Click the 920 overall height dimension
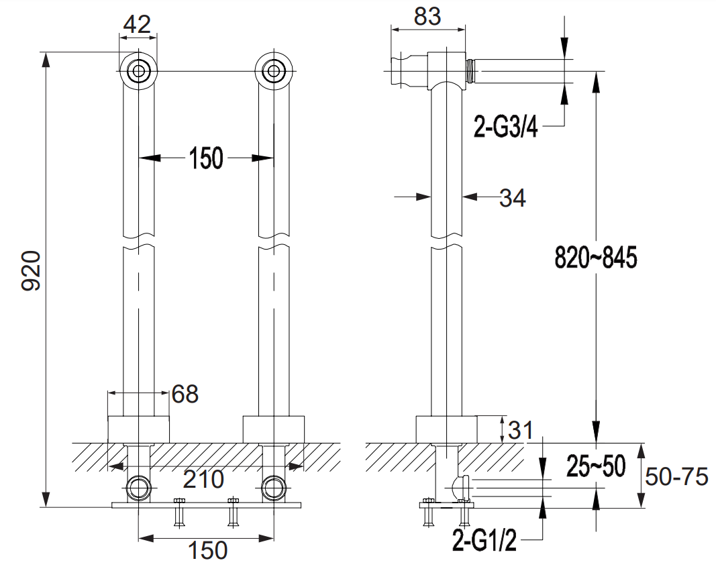point(32,270)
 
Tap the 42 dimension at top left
point(138,23)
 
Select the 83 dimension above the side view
point(427,17)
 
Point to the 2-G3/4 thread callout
point(505,127)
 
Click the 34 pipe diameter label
point(513,198)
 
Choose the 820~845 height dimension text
point(595,257)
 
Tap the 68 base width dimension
point(185,394)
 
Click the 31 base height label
point(521,430)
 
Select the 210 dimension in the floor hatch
point(203,479)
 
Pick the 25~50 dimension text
point(596,466)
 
